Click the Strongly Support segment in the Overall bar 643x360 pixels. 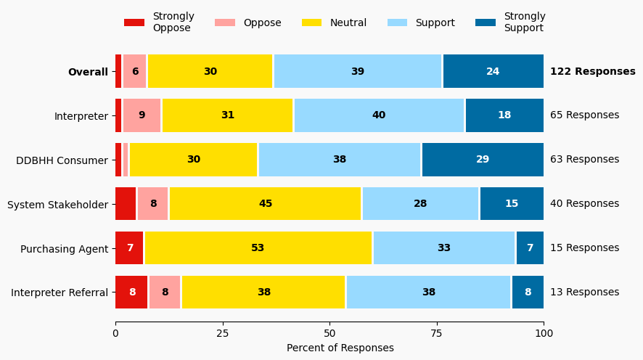493,71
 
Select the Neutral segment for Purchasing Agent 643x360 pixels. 258,248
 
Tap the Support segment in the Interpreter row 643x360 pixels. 379,115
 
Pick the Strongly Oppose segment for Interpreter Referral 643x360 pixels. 131,292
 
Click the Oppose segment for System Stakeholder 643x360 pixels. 153,204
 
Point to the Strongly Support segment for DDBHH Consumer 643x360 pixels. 483,160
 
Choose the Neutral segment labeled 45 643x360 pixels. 265,204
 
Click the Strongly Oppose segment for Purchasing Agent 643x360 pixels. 129,248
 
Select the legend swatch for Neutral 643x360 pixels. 312,22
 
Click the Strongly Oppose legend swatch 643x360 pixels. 134,22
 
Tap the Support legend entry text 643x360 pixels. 435,22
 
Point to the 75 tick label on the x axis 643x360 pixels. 437,334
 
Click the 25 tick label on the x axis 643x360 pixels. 222,334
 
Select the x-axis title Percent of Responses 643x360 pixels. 340,348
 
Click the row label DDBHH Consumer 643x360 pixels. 62,160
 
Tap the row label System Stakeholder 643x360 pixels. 57,205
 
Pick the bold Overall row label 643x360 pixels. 88,72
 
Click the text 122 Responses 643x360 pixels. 592,71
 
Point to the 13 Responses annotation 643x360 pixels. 584,292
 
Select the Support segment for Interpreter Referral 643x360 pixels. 428,292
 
